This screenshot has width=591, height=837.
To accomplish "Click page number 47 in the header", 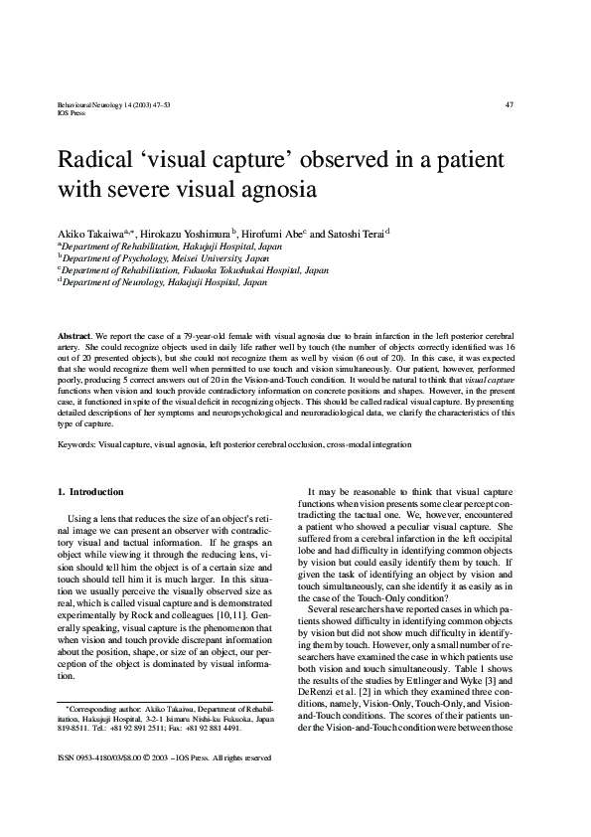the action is pyautogui.click(x=510, y=104).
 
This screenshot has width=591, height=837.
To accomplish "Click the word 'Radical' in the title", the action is pyautogui.click(x=101, y=160).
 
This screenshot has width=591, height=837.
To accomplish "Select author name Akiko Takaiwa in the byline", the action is pyautogui.click(x=88, y=232).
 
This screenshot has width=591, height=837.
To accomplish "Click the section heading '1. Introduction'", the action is pyautogui.click(x=90, y=492).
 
